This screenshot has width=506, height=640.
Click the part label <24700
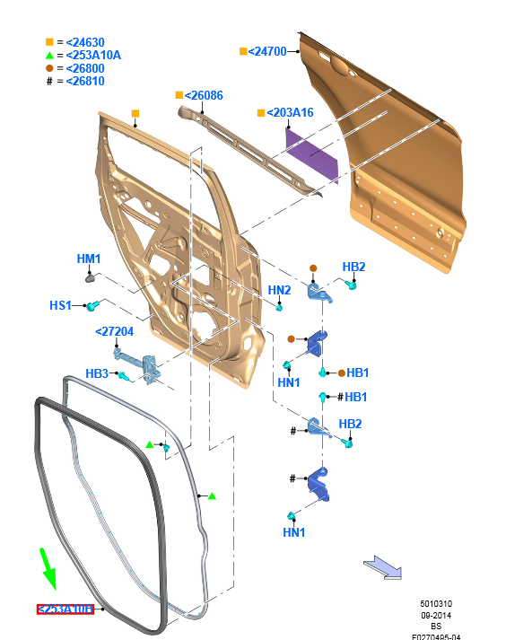[x=267, y=51]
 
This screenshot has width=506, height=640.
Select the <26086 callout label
[x=205, y=94]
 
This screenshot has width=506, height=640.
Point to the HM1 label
[x=89, y=259]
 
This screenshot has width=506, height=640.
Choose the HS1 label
[x=60, y=306]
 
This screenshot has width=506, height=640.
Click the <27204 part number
[x=114, y=331]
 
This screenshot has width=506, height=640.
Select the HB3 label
[x=97, y=373]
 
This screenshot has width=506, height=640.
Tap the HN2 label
[x=279, y=290]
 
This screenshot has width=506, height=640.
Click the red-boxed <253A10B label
[x=65, y=609]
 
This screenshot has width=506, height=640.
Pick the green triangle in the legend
[x=50, y=55]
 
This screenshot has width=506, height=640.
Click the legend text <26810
[x=85, y=81]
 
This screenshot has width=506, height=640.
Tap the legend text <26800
[x=85, y=68]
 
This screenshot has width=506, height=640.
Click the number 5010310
[x=438, y=603]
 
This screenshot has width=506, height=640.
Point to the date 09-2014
[x=438, y=615]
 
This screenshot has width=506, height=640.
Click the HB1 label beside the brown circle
[x=358, y=373]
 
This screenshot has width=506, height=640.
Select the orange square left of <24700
[x=243, y=51]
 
